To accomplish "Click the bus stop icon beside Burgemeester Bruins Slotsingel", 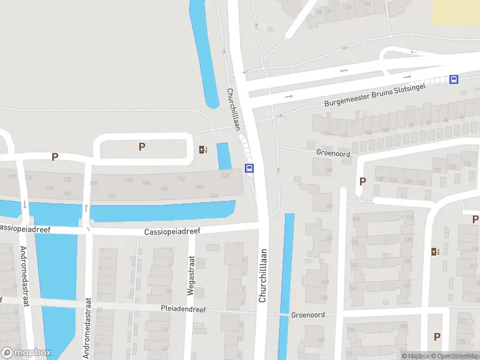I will (454, 79).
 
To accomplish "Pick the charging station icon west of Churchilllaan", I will (203, 149).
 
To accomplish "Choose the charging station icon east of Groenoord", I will (436, 251).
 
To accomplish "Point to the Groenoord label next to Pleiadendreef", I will (308, 315).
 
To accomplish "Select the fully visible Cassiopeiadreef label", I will (172, 231).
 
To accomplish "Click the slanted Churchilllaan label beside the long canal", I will (233, 109).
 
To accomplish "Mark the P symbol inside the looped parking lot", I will (142, 146).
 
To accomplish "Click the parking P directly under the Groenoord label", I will (362, 181).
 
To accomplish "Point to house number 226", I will (226, 176).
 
